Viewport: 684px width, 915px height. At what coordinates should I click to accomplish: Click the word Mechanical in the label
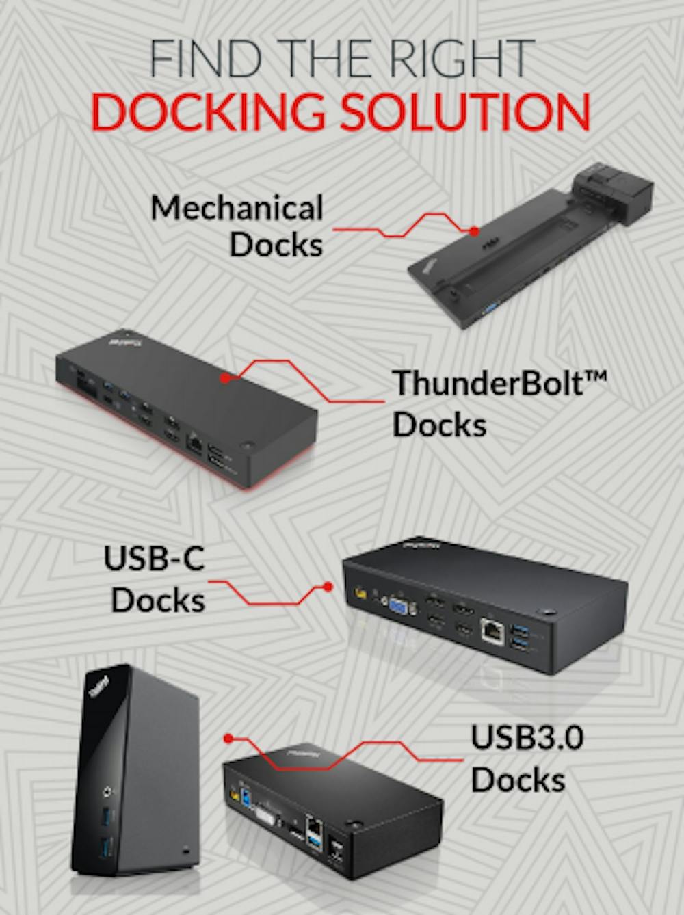(237, 207)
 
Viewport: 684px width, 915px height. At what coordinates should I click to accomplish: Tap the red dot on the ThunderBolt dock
(225, 376)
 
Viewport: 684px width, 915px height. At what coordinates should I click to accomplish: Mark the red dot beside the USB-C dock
(328, 587)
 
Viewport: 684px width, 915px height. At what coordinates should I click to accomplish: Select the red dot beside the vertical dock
(229, 738)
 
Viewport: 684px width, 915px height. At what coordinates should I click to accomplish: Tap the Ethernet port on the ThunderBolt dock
(194, 442)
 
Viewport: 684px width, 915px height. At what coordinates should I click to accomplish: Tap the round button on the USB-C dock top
(548, 609)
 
